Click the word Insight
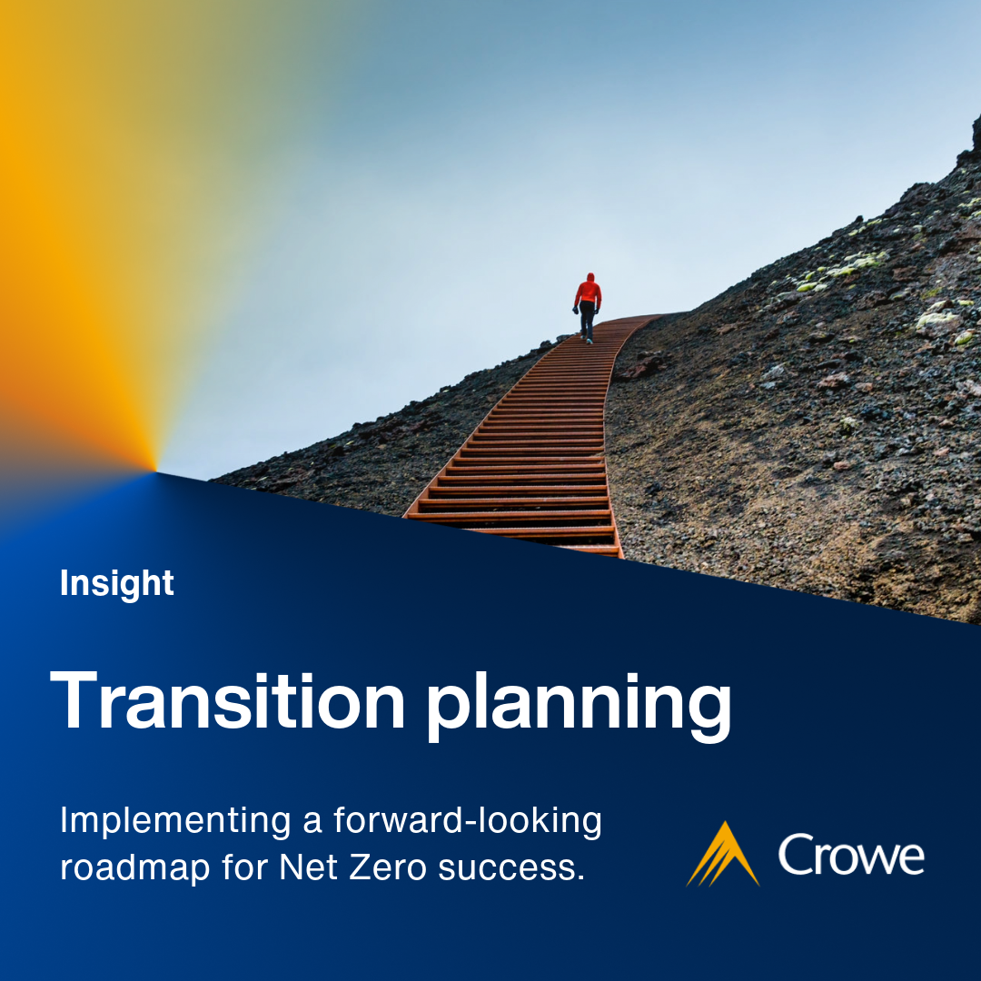pos(116,583)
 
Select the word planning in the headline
pos(579,704)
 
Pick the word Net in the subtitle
pos(309,867)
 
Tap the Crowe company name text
pos(851,856)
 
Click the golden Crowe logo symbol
pos(723,854)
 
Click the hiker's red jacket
pos(589,292)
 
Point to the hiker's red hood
pos(590,277)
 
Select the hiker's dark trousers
pos(588,321)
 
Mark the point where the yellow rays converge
pos(156,470)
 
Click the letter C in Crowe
pos(796,856)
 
